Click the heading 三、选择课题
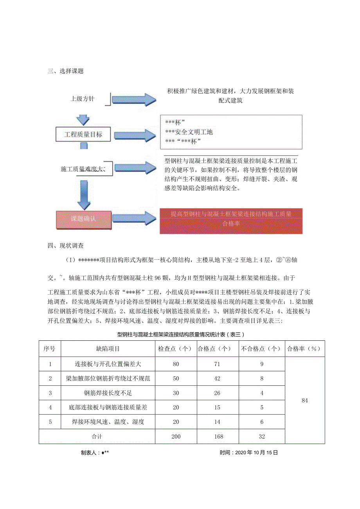point(65,71)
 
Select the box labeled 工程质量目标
point(83,134)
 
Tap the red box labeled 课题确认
point(83,219)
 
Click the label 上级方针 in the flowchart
point(83,99)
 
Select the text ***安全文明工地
point(189,132)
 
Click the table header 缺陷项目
point(108,349)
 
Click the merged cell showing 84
point(305,400)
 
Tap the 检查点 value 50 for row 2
point(176,378)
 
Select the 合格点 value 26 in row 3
point(217,393)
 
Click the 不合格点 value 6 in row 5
point(262,422)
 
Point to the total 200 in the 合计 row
point(176,436)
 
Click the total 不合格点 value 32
point(262,436)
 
